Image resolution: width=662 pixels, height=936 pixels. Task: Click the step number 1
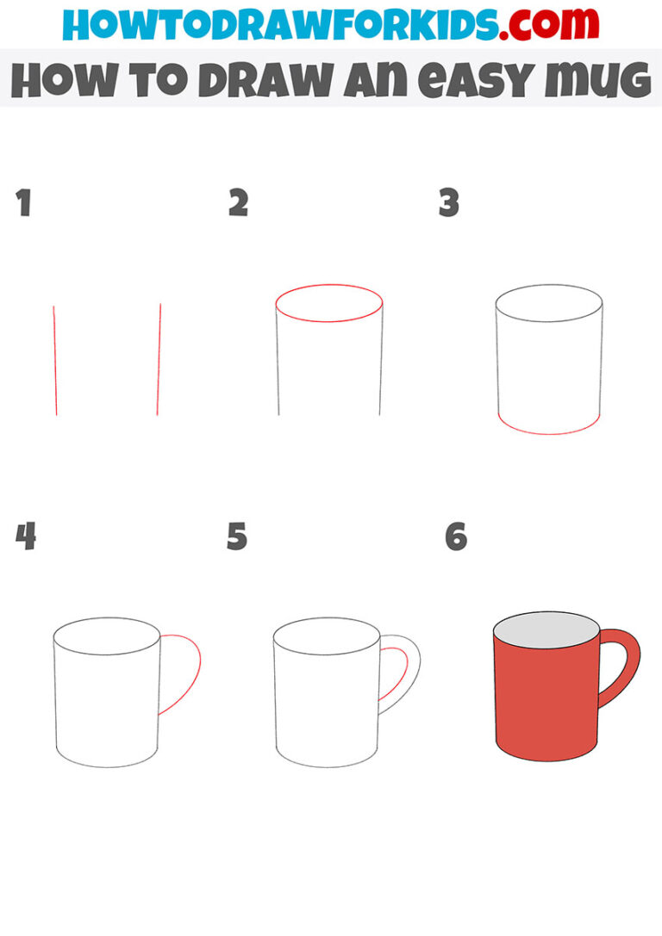point(23,204)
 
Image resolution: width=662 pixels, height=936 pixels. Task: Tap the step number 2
point(238,204)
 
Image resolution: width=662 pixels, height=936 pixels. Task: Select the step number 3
point(449,204)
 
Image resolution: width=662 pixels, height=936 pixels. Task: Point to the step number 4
point(26,536)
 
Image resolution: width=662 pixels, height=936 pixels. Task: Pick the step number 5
point(237,536)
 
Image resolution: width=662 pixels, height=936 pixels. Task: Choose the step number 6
point(456,536)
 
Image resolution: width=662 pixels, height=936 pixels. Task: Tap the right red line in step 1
point(159,360)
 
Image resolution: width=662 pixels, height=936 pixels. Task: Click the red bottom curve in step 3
point(549,431)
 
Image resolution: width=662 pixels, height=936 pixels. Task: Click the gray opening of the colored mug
point(546,632)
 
